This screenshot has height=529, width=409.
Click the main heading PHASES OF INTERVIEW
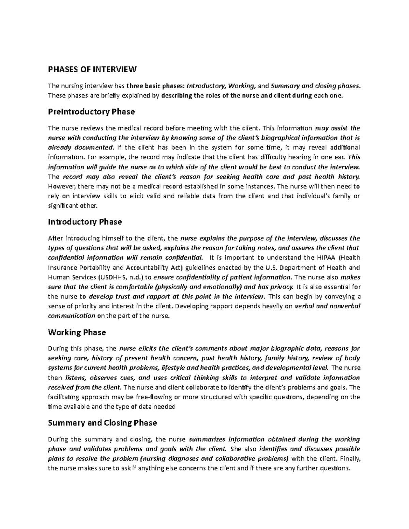pos(92,69)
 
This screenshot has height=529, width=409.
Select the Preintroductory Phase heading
pos(91,112)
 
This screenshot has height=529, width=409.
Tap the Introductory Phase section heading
pos(85,222)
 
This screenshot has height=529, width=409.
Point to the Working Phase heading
pos(77,332)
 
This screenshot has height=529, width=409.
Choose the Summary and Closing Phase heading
pos(103,423)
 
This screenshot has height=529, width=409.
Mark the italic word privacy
pos(282,287)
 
